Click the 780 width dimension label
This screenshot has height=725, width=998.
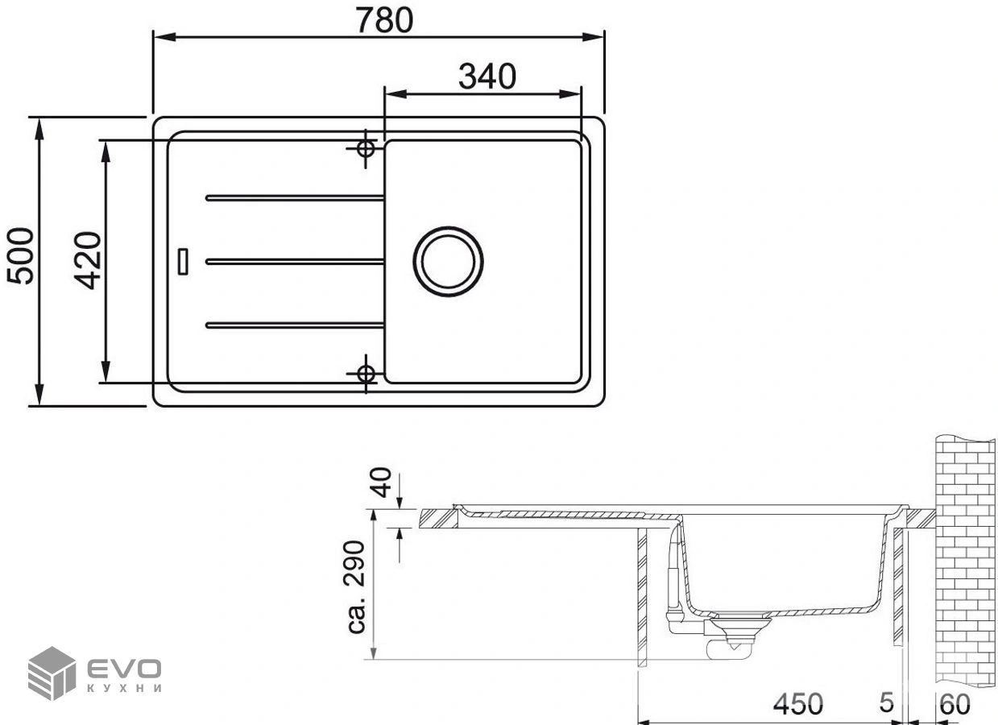click(385, 21)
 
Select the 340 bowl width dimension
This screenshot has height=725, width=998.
click(487, 77)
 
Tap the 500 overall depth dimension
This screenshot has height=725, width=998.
click(20, 256)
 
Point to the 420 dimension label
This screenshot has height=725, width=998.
click(88, 260)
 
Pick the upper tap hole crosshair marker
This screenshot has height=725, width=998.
click(366, 149)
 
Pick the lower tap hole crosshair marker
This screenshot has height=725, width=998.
click(366, 374)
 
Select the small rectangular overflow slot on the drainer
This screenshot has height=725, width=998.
click(183, 262)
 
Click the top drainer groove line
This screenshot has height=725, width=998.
click(295, 198)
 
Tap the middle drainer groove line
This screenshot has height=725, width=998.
click(295, 262)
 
